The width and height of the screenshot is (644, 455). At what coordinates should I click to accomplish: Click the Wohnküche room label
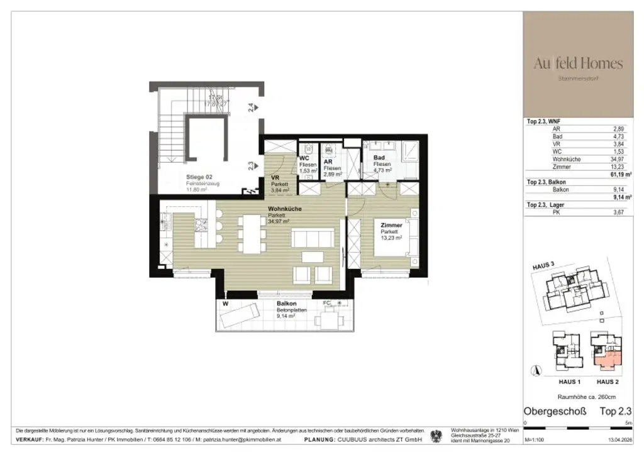284,209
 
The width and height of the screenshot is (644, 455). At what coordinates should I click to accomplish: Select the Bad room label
379,158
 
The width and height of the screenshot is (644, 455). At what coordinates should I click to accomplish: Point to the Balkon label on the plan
287,304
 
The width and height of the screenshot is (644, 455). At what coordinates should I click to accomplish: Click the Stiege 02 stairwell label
201,177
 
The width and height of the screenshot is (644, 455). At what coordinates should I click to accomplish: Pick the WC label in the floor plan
304,158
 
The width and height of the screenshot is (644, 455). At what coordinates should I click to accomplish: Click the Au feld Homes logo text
578,63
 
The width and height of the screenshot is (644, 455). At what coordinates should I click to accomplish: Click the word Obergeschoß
555,412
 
